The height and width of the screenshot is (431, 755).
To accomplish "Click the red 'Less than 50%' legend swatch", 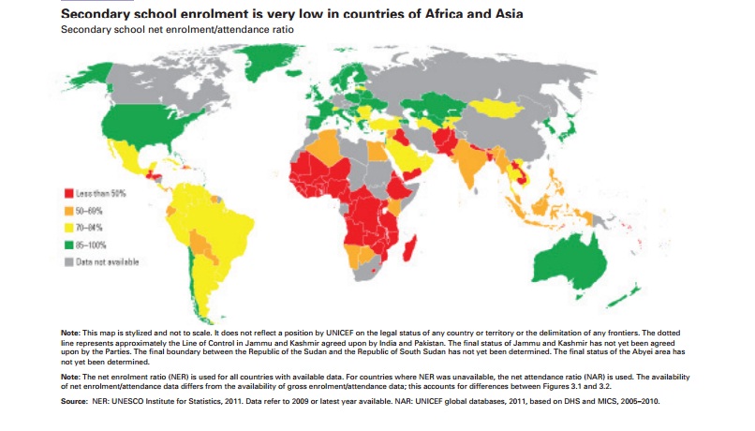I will coord(68,192).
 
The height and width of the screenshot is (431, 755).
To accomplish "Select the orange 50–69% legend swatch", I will coord(68,210).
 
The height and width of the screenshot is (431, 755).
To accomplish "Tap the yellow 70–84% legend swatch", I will coord(68,228).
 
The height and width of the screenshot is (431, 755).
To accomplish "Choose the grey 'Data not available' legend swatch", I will coord(68,262).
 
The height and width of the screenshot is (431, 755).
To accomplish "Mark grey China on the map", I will coord(529,131).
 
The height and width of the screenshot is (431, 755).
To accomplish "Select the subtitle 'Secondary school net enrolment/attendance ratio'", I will coord(177,30).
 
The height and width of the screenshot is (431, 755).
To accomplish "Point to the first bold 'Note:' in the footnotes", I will coord(71,332).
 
